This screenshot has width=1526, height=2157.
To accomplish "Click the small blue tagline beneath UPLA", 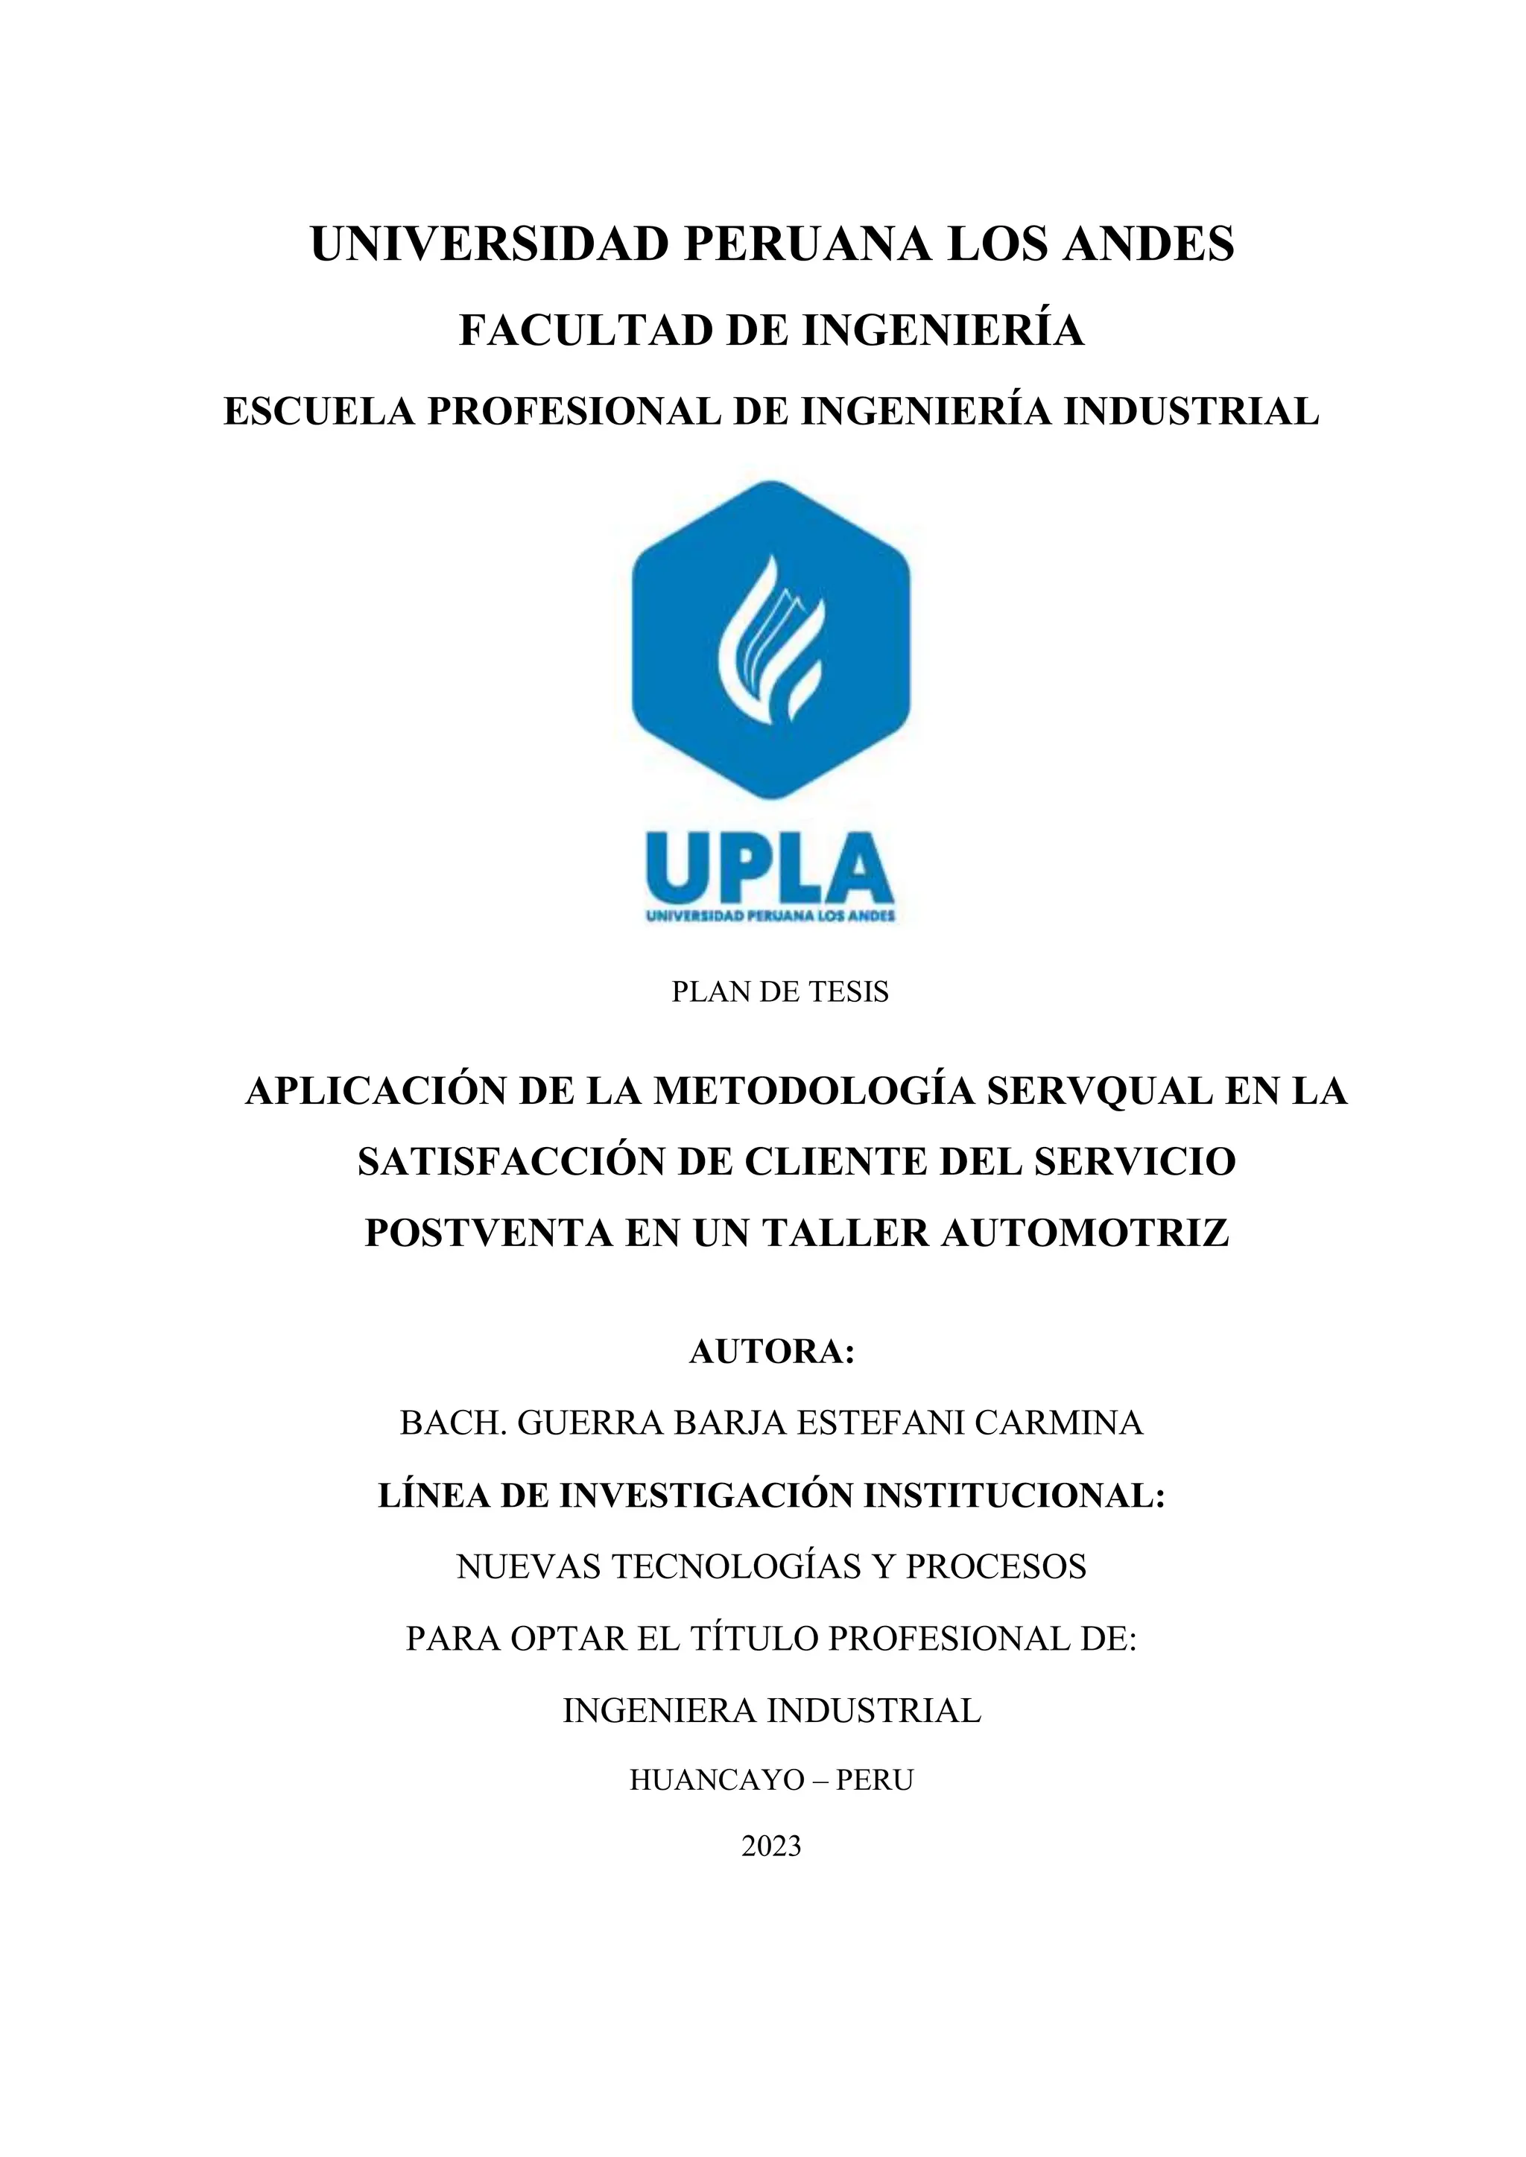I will tap(770, 916).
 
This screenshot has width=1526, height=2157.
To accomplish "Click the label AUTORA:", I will tap(771, 1351).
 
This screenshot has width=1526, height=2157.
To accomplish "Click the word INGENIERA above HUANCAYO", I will tap(659, 1710).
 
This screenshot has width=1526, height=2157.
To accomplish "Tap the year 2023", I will tap(770, 1847).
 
